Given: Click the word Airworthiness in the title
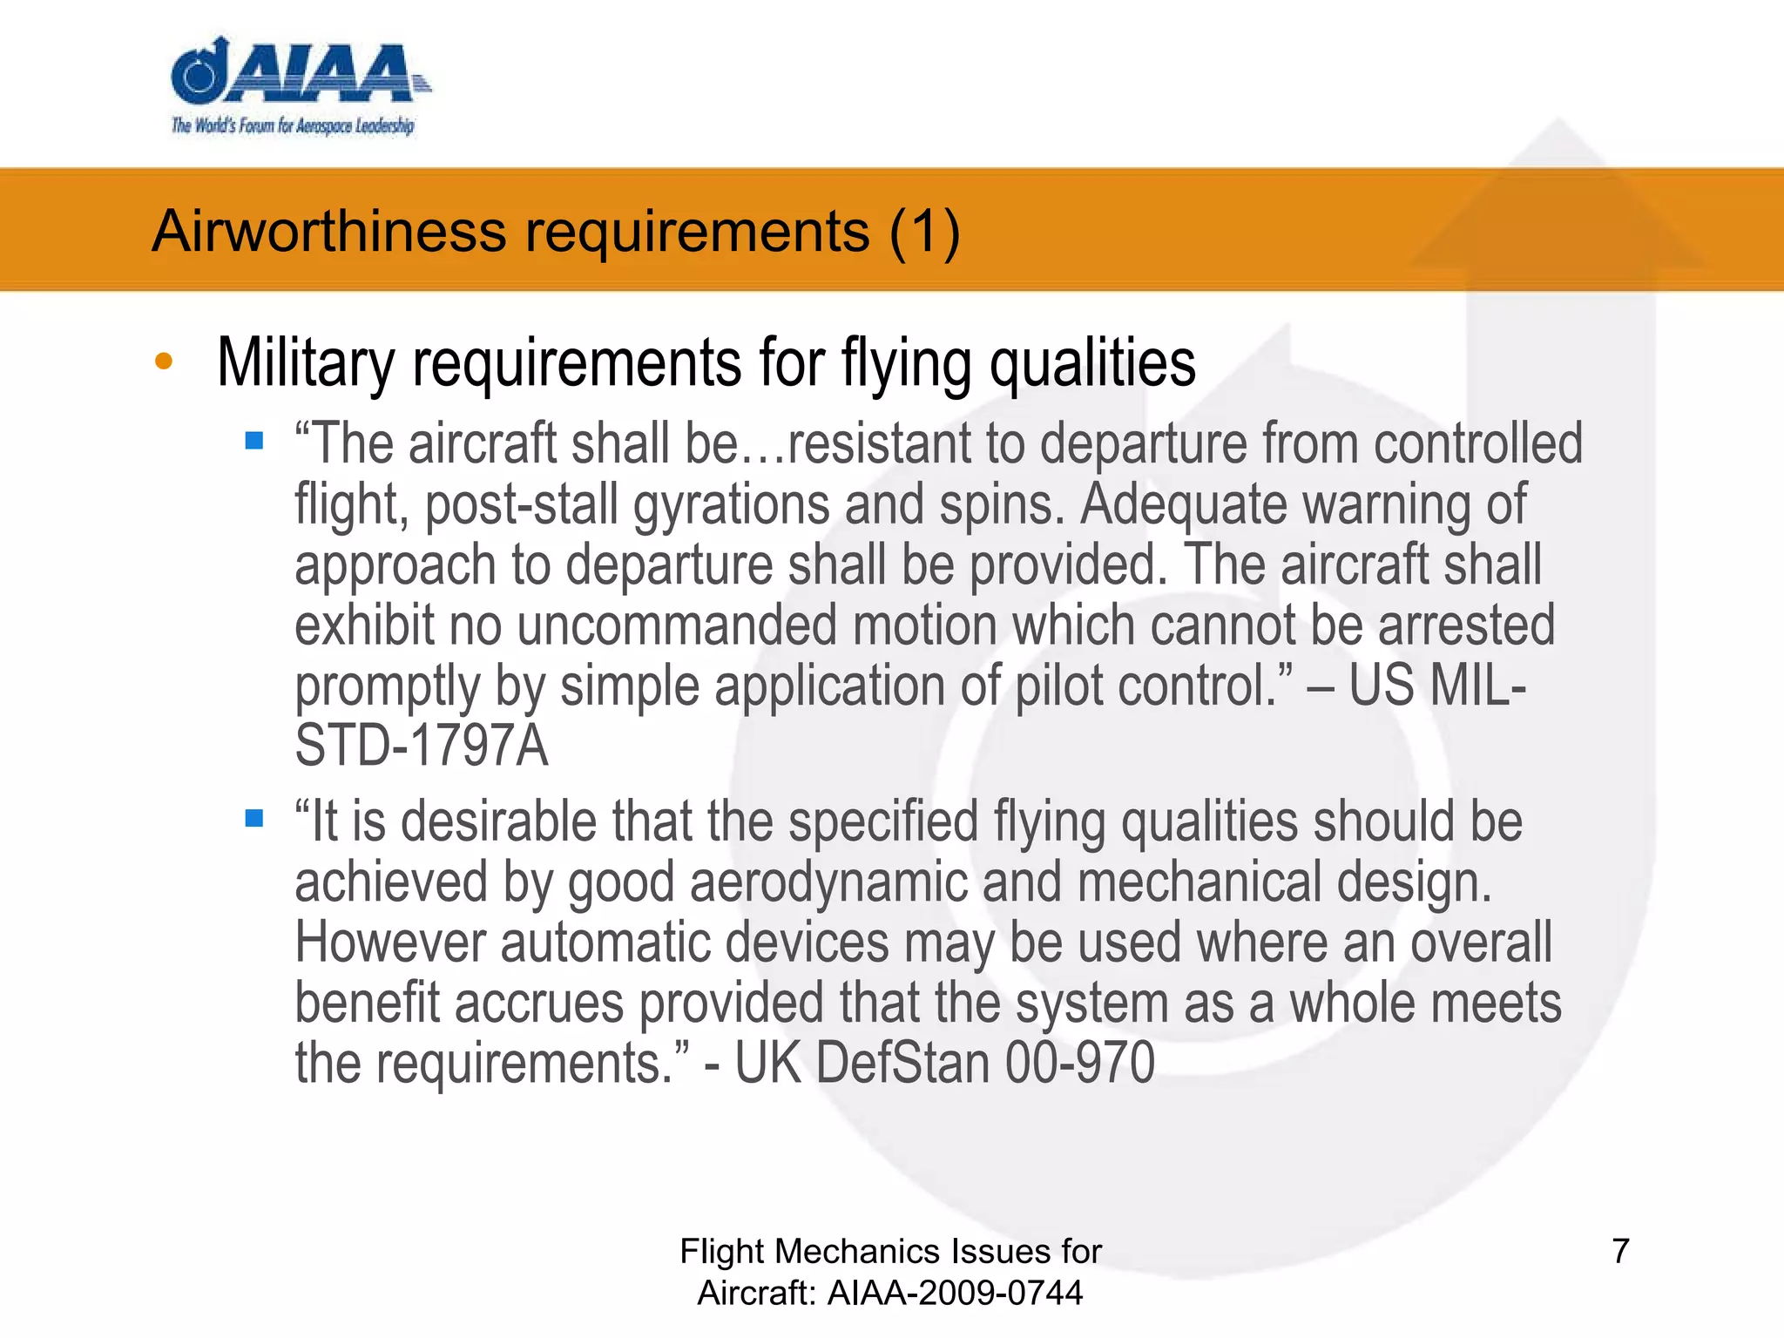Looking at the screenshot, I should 329,232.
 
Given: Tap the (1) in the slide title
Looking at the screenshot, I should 924,232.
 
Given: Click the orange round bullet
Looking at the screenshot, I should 164,362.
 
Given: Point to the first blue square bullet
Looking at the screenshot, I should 254,441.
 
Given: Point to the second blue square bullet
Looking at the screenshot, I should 254,818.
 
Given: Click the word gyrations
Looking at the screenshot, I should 731,504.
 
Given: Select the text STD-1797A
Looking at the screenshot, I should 422,747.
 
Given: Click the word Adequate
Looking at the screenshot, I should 1182,504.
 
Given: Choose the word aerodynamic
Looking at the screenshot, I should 828,882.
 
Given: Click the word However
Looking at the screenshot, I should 389,943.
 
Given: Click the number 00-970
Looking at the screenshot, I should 1080,1064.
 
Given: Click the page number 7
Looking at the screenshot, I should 1620,1252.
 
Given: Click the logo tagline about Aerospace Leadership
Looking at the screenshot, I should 293,125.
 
